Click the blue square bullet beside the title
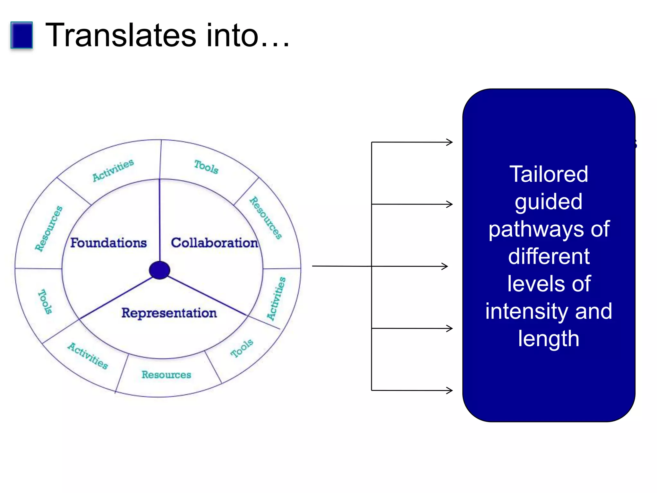(21, 35)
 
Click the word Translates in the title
(121, 35)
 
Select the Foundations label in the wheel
(108, 243)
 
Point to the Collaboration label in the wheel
(214, 243)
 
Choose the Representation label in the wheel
(169, 313)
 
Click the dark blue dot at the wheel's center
(159, 270)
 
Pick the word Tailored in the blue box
(549, 174)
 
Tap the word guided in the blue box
(549, 202)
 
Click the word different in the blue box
(549, 256)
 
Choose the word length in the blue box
(549, 339)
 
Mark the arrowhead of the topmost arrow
(450, 142)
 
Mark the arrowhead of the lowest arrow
(450, 390)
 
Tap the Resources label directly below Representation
(166, 375)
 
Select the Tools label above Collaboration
(206, 167)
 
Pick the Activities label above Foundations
(113, 170)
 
